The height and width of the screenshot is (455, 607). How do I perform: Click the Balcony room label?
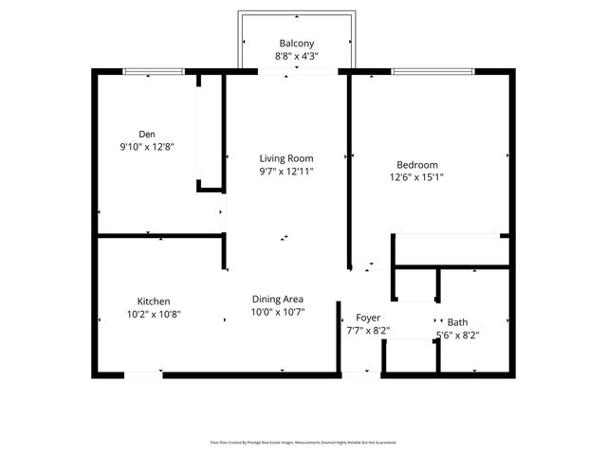click(297, 44)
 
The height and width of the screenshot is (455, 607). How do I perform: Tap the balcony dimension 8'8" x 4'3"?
click(297, 56)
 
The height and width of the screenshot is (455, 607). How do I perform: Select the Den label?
click(147, 135)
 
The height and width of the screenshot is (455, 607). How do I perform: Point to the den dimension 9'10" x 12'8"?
click(147, 147)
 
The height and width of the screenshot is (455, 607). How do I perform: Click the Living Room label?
click(286, 158)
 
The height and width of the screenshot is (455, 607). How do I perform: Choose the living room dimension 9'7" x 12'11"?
click(286, 172)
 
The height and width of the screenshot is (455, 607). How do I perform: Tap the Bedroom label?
click(416, 163)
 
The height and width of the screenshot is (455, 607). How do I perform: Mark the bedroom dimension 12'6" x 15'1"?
click(416, 176)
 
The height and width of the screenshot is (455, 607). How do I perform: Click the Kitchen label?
click(153, 301)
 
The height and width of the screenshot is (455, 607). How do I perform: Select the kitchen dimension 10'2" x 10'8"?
click(153, 315)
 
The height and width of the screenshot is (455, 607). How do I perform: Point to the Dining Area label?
click(277, 300)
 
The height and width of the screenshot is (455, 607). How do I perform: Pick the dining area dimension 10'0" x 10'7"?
click(277, 312)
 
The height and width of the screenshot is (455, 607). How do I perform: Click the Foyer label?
click(368, 318)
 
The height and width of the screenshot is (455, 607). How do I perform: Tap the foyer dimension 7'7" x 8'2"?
click(368, 331)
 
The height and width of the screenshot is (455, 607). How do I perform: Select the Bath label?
click(457, 322)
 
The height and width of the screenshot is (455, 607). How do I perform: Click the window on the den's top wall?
click(155, 71)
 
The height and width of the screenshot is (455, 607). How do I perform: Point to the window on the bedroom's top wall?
click(434, 71)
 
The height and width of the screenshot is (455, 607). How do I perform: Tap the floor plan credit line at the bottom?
click(303, 442)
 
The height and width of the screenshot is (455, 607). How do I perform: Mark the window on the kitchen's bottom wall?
click(144, 375)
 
